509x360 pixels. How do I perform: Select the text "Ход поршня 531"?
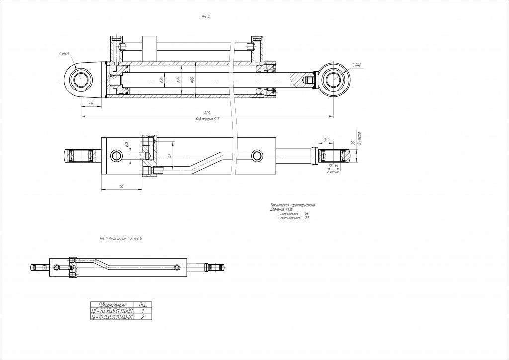click(207, 120)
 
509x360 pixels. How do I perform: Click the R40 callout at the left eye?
click(64, 53)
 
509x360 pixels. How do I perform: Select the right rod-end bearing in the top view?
click(332, 80)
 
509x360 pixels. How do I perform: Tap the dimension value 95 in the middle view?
click(122, 186)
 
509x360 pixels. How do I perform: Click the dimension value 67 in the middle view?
click(170, 156)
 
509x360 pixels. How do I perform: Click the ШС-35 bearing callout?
click(333, 166)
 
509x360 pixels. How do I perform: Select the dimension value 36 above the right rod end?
click(325, 140)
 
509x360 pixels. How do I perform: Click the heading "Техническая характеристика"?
click(293, 205)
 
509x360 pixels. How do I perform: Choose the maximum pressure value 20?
click(306, 218)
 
